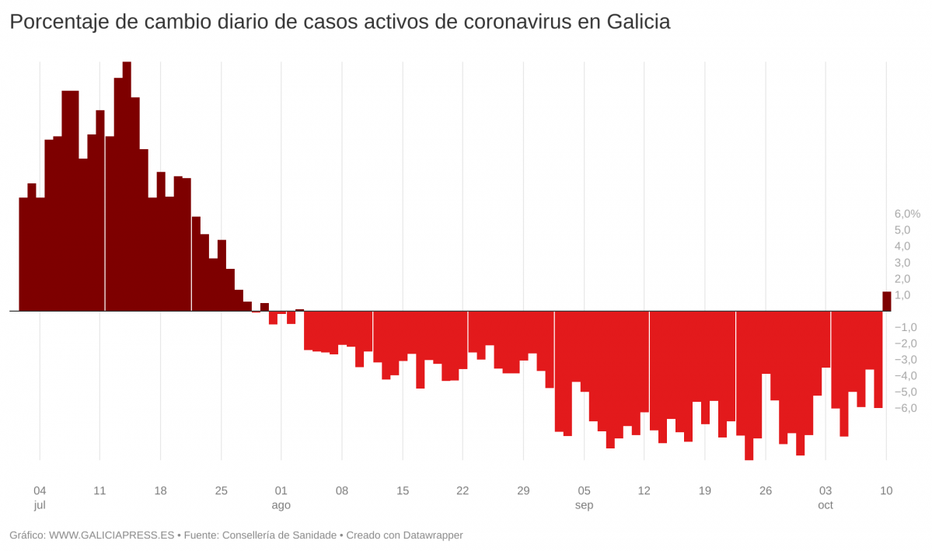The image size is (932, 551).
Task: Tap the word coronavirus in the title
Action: click(x=516, y=23)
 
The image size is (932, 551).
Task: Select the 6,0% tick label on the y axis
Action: click(x=906, y=214)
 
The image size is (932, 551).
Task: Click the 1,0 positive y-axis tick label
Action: click(x=902, y=295)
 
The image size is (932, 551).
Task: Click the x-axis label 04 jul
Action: click(x=40, y=497)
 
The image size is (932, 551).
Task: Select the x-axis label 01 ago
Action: click(x=281, y=497)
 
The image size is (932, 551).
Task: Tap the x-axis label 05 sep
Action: click(x=584, y=497)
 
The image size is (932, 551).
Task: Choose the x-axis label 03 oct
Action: click(x=826, y=497)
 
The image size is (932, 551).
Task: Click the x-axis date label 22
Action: click(x=463, y=490)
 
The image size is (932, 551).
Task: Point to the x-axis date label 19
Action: click(x=705, y=490)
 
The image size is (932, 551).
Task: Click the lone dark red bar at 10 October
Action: click(x=886, y=302)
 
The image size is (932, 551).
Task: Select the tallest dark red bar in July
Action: click(x=127, y=187)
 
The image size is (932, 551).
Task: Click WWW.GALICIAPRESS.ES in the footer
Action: click(x=112, y=535)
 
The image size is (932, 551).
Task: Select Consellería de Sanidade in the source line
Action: click(x=278, y=535)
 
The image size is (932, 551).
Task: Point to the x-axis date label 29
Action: click(x=523, y=490)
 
